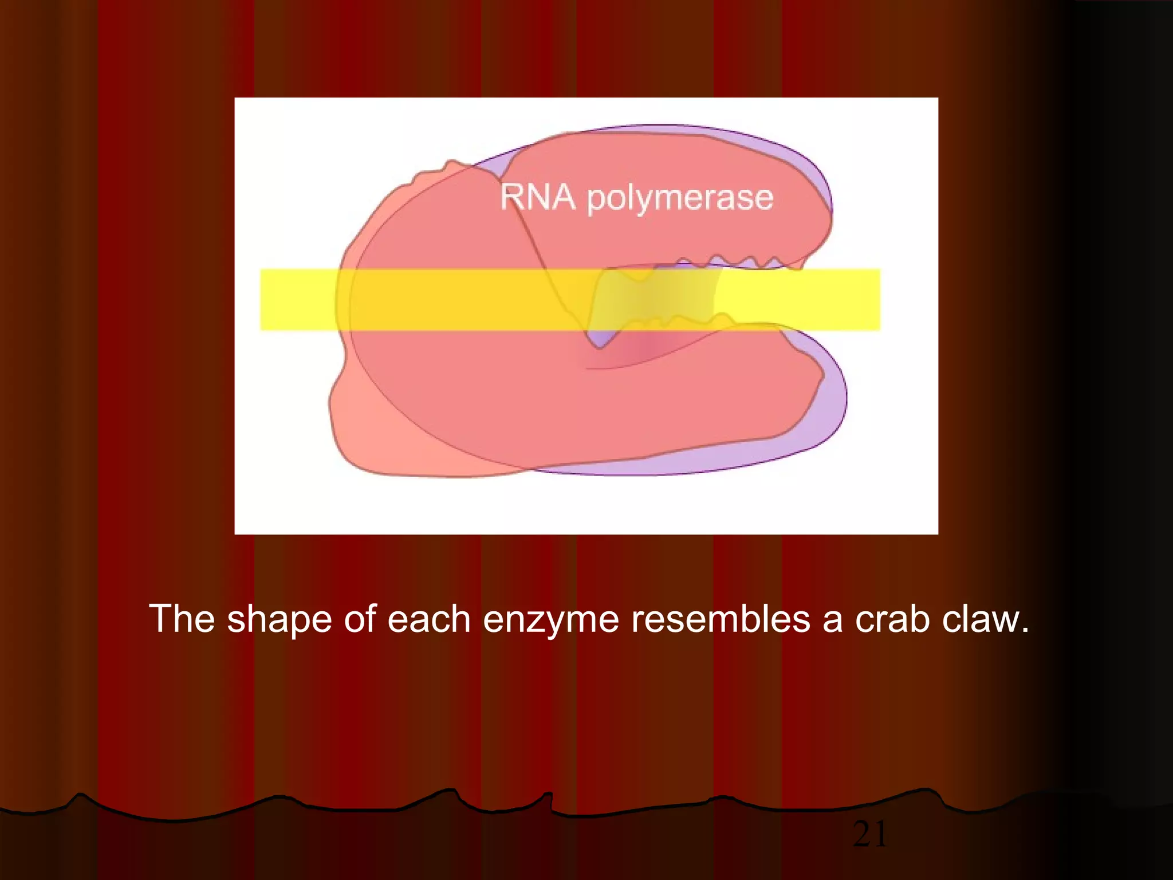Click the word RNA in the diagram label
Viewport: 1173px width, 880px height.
point(537,197)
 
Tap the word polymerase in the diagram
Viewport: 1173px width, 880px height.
point(680,199)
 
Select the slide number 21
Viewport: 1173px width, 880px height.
point(869,834)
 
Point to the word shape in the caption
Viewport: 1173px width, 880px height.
point(279,620)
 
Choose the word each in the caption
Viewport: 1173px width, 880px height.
point(429,619)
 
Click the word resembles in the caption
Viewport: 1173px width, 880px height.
point(721,619)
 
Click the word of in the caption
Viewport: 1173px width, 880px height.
point(359,619)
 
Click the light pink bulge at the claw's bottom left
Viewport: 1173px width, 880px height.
point(367,435)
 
